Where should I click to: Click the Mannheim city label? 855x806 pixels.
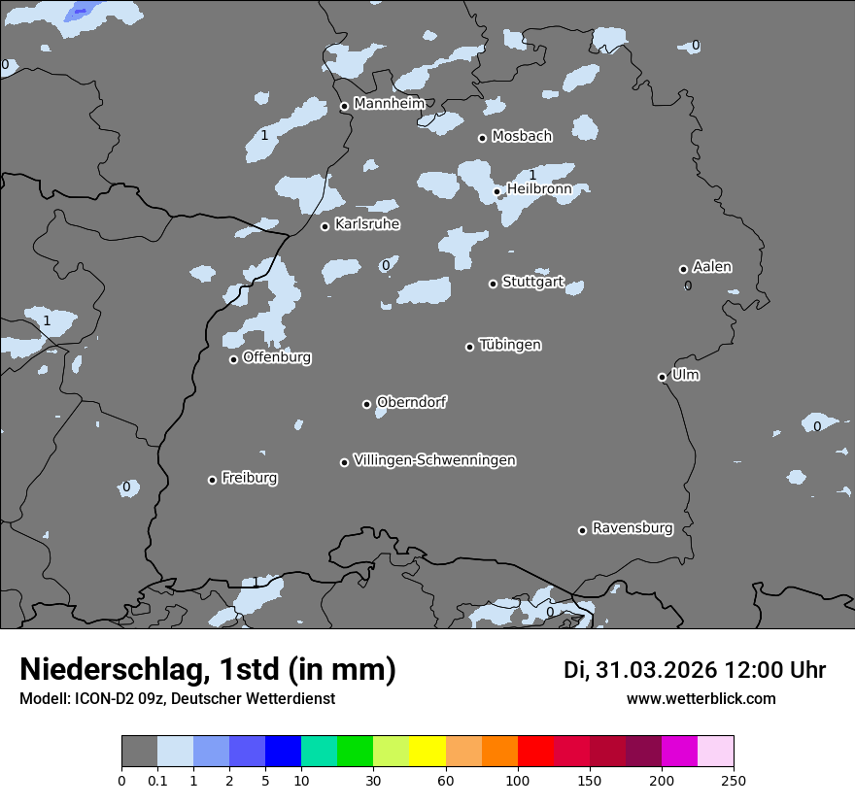point(390,103)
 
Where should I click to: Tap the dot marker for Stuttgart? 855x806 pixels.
point(493,284)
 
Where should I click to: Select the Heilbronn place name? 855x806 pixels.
point(539,189)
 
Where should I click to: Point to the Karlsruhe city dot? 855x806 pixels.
point(325,226)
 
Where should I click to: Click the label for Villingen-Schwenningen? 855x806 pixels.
point(434,460)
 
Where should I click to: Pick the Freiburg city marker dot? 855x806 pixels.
point(212,480)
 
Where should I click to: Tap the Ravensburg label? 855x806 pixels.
point(633,528)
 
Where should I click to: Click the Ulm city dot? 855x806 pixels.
point(662,377)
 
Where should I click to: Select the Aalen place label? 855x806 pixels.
point(712,267)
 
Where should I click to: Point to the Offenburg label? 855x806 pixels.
point(277,357)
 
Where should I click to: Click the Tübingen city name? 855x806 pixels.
point(510,345)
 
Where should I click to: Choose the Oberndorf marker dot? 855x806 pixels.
point(366,404)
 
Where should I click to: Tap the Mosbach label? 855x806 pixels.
point(522,137)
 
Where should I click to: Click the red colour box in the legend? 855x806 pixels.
point(535,752)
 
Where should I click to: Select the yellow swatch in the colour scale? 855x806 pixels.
point(427,752)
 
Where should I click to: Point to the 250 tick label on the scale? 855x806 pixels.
point(734,780)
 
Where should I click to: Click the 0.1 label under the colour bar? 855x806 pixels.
point(157,780)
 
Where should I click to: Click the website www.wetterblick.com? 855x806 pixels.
point(701,699)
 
